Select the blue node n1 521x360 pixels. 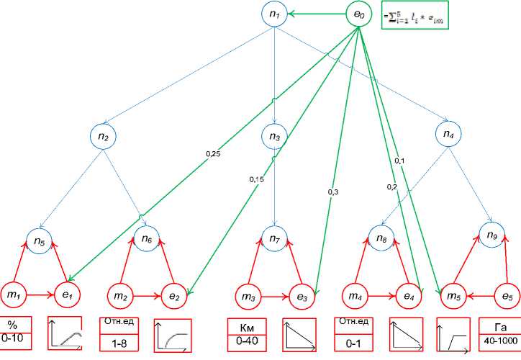click(x=274, y=13)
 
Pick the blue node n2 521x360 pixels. click(x=104, y=135)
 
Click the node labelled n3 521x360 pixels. click(x=274, y=135)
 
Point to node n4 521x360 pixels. click(x=449, y=134)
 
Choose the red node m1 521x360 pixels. click(x=14, y=294)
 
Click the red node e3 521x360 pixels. click(x=302, y=295)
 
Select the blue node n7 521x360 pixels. click(x=274, y=238)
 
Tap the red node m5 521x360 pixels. click(x=452, y=294)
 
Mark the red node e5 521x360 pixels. click(x=507, y=294)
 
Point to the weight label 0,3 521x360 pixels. click(x=333, y=192)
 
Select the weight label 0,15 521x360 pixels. click(x=255, y=179)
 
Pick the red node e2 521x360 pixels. click(x=174, y=295)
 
